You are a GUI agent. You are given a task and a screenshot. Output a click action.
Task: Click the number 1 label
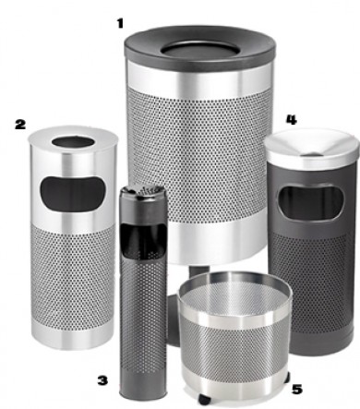[x=120, y=23]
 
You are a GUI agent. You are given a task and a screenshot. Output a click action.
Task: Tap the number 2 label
[x=20, y=125]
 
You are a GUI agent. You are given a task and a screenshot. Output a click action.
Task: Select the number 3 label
[x=102, y=380]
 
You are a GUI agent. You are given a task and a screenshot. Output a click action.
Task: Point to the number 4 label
[x=292, y=120]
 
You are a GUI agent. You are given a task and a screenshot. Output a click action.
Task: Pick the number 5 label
[x=297, y=390]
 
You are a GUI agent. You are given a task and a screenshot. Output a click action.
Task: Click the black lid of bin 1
[x=200, y=49]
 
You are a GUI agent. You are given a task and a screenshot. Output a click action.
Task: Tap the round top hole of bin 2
[x=73, y=142]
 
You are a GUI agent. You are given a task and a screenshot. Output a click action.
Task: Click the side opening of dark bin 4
[x=310, y=202]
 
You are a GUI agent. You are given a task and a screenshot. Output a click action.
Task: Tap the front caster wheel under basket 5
[x=205, y=400]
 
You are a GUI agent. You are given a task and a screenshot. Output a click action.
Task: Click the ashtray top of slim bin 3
[x=143, y=192]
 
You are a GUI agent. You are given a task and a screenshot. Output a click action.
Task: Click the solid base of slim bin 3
[x=143, y=385]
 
